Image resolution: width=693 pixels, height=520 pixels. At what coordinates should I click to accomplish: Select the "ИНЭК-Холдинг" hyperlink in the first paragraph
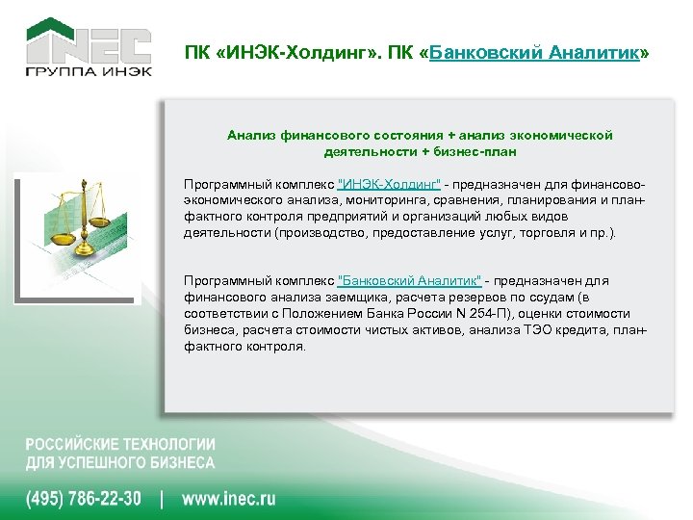pos(390,184)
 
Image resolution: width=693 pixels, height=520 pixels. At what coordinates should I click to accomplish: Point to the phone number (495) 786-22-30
pos(83,499)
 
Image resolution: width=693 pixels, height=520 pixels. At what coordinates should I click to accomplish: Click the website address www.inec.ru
pos(229,499)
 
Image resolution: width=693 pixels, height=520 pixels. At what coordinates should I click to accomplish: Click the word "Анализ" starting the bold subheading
pos(249,136)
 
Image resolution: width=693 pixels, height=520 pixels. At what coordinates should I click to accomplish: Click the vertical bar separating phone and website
pos(162,499)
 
